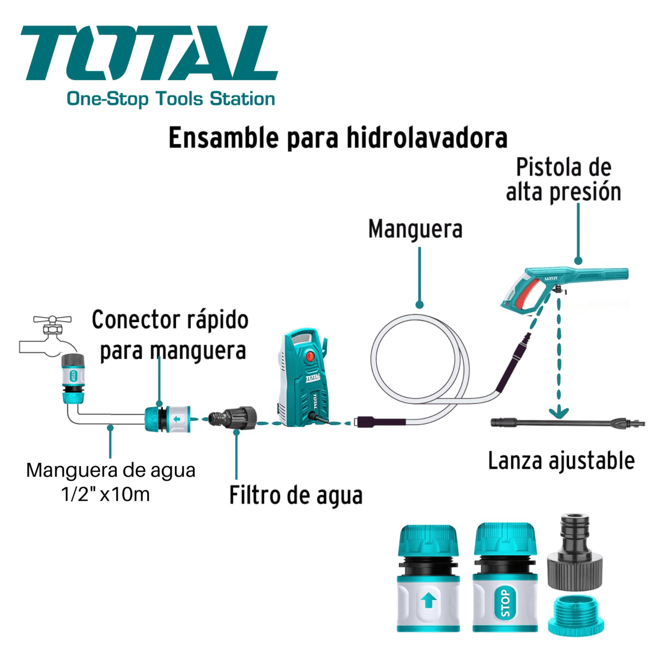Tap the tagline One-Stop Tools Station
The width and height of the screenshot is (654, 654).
pos(171,99)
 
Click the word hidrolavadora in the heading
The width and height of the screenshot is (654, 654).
pos(427,138)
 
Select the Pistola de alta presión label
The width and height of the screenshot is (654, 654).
pos(563,180)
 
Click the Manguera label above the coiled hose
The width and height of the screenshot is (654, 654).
pos(415,229)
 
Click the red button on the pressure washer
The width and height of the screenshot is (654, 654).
pos(310,357)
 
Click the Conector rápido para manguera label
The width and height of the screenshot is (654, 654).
pos(171,335)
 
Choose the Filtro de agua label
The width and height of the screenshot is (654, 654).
pos(295,495)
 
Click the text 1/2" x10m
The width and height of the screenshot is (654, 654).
pos(105,494)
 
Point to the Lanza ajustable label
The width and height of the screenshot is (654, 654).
pos(561,461)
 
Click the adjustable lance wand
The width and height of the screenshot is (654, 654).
pos(567,422)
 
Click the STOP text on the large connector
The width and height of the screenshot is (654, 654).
pos(505,602)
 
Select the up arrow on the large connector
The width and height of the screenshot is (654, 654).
pos(428,601)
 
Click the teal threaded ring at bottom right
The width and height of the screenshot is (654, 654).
pos(575,615)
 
